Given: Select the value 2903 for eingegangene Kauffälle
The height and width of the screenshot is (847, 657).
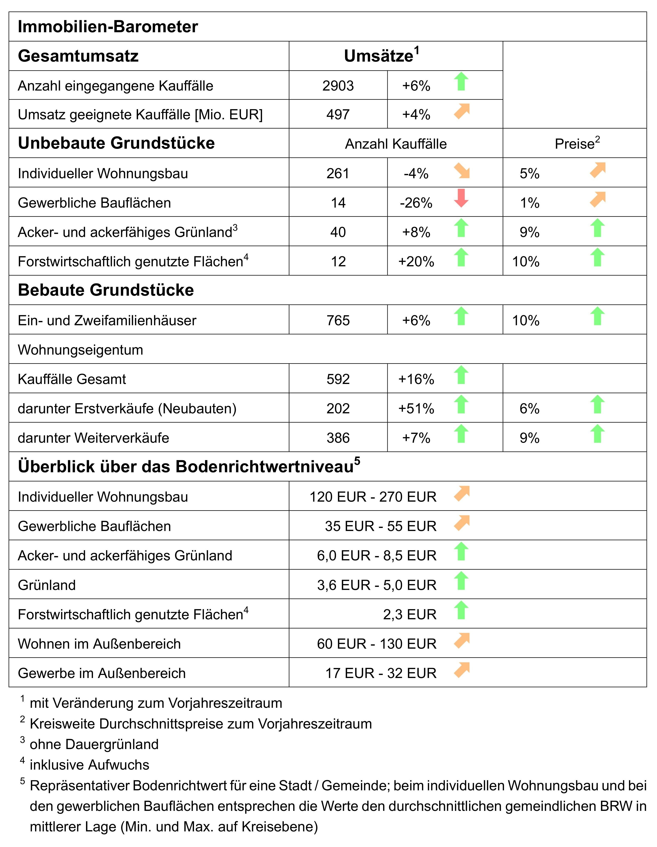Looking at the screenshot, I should (x=338, y=86).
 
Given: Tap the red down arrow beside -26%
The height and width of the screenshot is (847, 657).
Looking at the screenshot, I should (x=461, y=198).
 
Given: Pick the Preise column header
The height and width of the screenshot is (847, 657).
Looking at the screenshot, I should (x=577, y=144).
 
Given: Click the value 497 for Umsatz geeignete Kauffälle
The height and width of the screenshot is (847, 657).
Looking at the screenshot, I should (x=338, y=114).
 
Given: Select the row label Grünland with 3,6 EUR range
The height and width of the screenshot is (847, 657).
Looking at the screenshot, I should (x=47, y=585).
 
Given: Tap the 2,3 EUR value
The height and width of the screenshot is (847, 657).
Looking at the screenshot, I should (x=410, y=614).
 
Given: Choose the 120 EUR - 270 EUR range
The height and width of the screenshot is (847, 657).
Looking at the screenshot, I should (x=373, y=496).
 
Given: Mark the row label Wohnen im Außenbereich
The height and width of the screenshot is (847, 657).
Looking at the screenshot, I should (x=99, y=644).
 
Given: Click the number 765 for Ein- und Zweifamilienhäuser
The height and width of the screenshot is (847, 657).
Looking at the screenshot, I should (x=338, y=320).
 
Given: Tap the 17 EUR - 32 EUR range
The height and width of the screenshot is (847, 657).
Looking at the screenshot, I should (x=381, y=673).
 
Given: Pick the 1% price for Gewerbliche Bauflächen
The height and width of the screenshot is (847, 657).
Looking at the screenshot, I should (x=530, y=202).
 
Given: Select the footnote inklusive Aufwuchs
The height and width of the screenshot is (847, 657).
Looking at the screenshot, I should (x=89, y=765).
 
